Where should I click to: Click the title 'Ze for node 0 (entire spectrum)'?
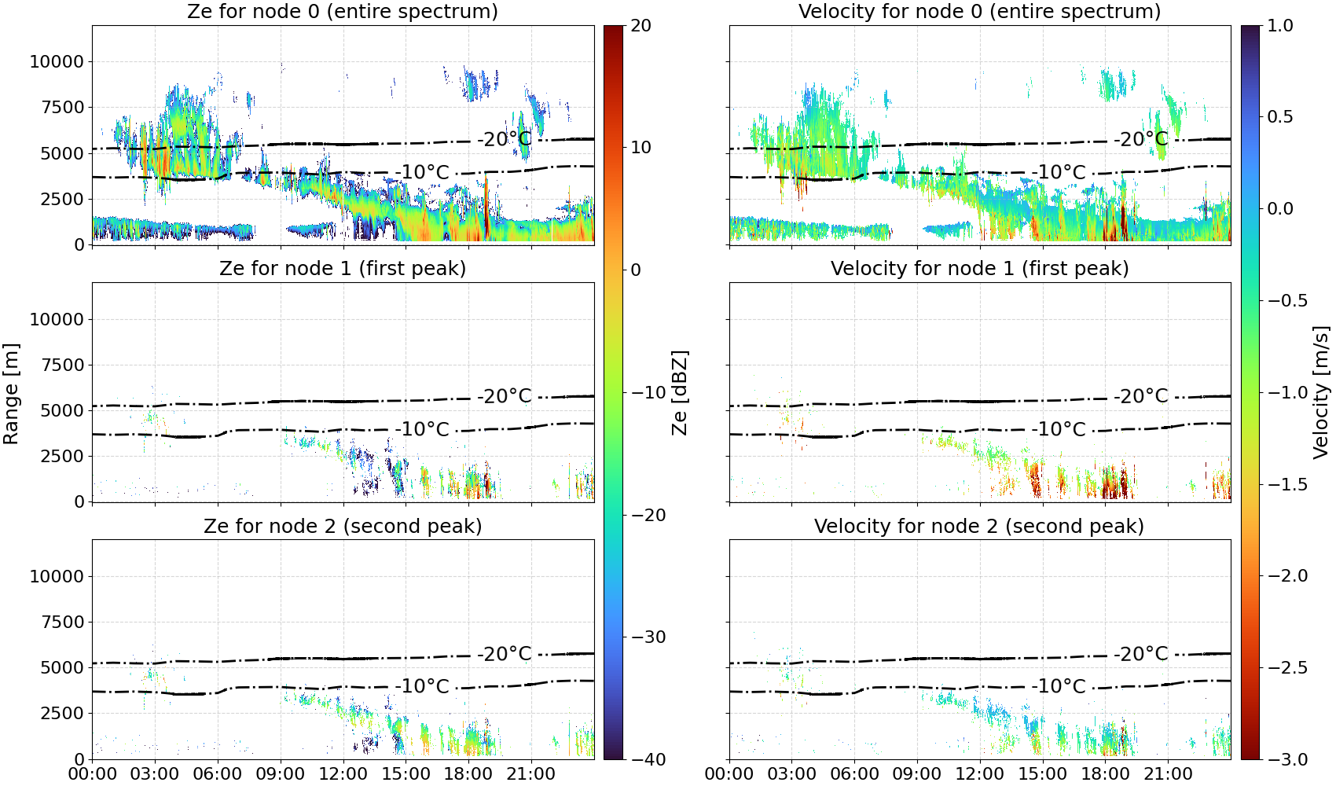pos(343,11)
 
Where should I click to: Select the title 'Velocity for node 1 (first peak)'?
pos(979,268)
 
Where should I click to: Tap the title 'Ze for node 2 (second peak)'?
pos(343,526)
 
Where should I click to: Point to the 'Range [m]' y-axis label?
pos(11,394)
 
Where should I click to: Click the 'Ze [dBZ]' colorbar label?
pos(679,392)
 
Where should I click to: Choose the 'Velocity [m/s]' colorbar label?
pos(1322,392)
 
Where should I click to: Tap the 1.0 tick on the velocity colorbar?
pos(1280,26)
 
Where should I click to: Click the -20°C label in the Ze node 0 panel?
pos(505,140)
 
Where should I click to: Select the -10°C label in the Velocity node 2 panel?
pos(1059,686)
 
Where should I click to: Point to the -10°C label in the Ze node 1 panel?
pos(422,429)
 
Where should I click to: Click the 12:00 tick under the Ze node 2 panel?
pos(343,774)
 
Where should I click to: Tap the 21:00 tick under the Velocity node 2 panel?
pos(1168,774)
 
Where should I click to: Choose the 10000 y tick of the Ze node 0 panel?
pos(57,61)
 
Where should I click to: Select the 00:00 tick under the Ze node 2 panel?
pos(93,774)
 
